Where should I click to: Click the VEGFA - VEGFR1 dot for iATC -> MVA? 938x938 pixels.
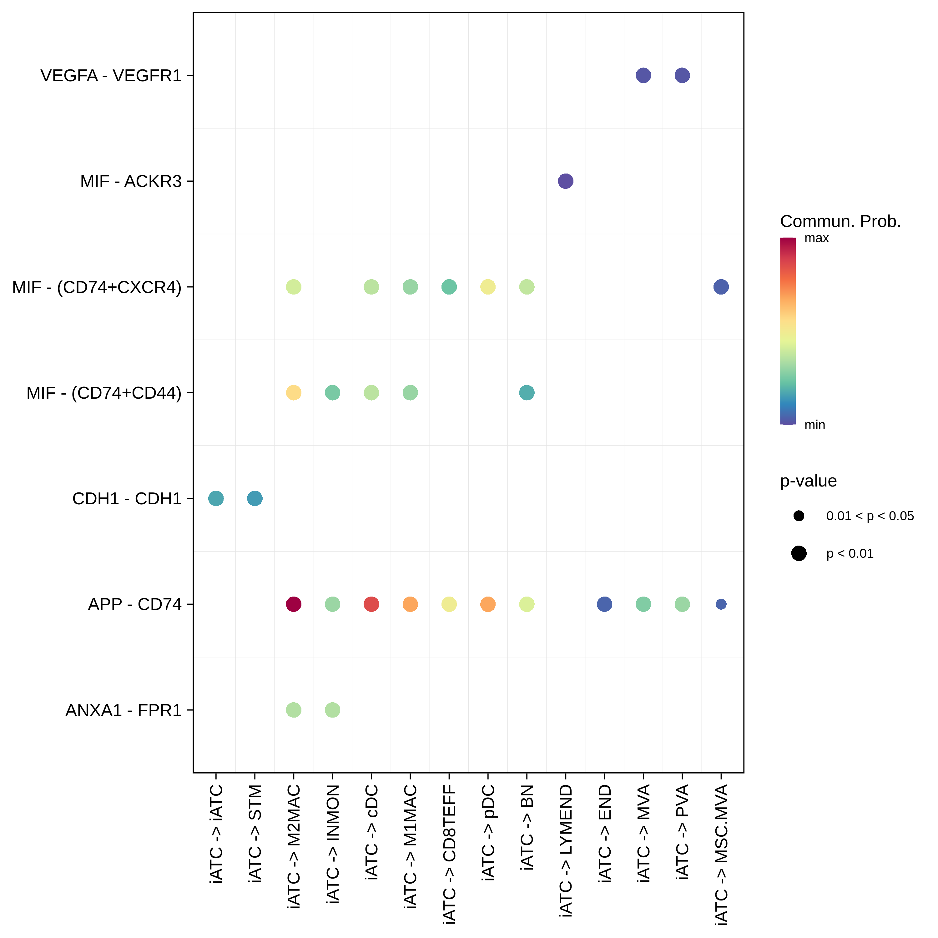(x=643, y=75)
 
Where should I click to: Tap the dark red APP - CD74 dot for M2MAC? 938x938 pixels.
(x=293, y=604)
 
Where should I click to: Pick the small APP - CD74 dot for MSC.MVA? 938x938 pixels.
(x=721, y=604)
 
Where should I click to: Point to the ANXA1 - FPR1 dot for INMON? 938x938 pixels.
(x=332, y=710)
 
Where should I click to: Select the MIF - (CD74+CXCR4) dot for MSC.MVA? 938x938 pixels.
(x=721, y=287)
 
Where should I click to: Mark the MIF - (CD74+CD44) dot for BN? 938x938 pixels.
(x=526, y=392)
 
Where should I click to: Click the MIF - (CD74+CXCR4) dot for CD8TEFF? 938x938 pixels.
(x=449, y=287)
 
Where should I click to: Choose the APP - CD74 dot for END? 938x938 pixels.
(x=604, y=604)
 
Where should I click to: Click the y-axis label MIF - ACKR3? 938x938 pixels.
(x=131, y=181)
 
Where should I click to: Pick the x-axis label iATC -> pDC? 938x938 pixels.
(x=488, y=833)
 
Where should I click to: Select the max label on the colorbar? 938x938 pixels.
(x=817, y=238)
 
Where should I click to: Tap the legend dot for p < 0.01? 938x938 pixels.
(x=799, y=553)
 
